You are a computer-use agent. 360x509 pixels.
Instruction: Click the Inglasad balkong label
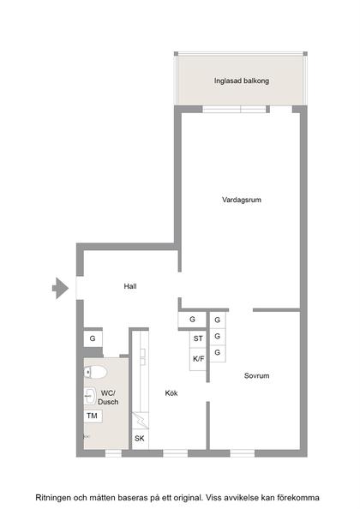[241, 82]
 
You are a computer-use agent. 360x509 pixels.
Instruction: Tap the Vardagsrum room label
[241, 200]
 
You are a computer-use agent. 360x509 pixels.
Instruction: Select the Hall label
[130, 286]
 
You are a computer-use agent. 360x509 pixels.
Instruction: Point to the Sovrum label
[256, 375]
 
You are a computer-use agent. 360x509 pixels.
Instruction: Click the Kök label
[171, 393]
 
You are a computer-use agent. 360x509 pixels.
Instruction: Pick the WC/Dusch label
[109, 397]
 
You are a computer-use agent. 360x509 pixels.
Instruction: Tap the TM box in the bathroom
[92, 416]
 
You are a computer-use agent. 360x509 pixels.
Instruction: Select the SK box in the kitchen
[139, 439]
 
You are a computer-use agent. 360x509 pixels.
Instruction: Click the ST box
[197, 339]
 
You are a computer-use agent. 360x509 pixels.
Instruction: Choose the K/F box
[197, 358]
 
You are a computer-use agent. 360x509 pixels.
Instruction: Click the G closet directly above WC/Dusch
[92, 339]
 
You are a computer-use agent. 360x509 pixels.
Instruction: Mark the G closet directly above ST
[192, 320]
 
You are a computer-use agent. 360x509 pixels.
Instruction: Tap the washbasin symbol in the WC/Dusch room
[89, 396]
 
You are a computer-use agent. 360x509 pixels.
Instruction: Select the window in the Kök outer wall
[175, 451]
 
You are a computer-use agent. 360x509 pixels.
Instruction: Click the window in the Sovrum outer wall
[243, 451]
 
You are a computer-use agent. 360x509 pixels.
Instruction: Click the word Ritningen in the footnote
[52, 497]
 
